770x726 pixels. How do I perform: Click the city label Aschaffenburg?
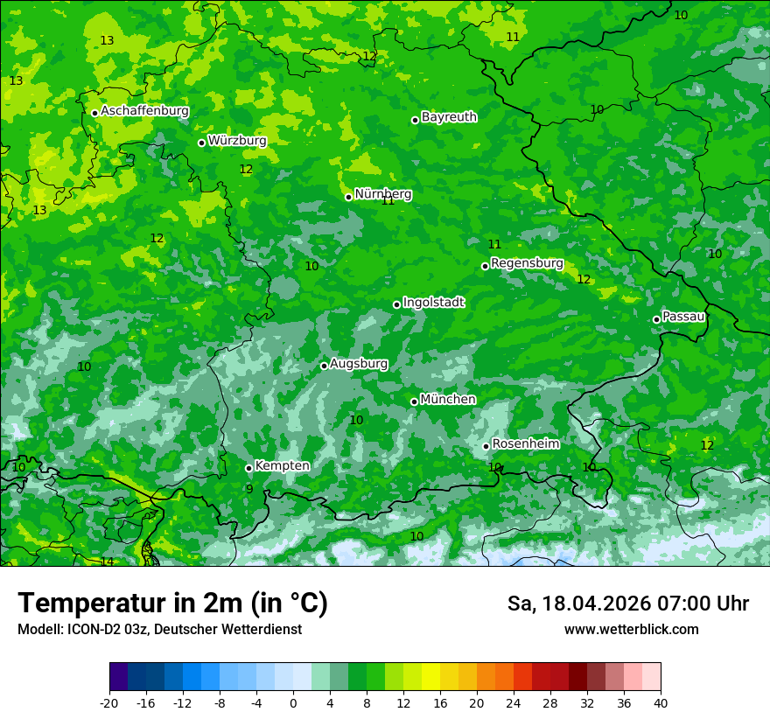[144, 111]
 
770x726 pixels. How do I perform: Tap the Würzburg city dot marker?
[201, 143]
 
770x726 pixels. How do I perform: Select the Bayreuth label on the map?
[449, 116]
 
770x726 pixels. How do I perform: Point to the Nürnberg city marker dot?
[348, 197]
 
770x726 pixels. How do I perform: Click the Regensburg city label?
[527, 262]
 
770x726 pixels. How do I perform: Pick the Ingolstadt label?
[433, 302]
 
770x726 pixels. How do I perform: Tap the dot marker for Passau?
[656, 319]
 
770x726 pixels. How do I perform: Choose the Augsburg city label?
[359, 363]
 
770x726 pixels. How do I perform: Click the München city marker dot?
[414, 401]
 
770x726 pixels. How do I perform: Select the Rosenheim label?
[525, 443]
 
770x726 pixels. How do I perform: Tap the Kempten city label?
[282, 465]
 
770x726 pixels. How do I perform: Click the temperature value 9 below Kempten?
[249, 489]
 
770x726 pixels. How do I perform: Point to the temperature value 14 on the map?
[107, 562]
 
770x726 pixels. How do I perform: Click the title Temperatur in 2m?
[172, 603]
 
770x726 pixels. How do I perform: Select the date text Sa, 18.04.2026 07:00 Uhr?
[627, 604]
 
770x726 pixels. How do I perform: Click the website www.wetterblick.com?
[631, 629]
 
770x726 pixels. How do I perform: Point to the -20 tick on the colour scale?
[109, 702]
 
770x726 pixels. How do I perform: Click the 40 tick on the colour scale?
[661, 702]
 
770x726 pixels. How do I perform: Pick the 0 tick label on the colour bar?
[293, 702]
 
